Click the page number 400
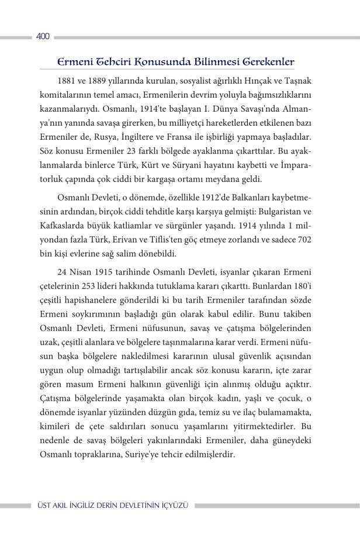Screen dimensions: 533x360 click(x=43, y=37)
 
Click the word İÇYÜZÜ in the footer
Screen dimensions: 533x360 click(x=173, y=505)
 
